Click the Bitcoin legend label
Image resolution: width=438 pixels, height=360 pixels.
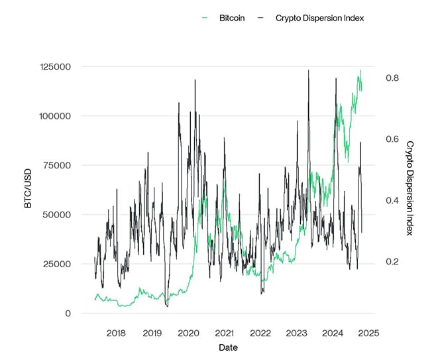click(231, 18)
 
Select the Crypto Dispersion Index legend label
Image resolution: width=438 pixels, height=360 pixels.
click(319, 18)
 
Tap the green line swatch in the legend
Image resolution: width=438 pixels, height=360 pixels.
click(207, 18)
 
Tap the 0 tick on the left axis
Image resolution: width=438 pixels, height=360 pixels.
click(68, 313)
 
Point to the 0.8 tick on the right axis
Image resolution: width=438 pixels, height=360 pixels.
click(392, 78)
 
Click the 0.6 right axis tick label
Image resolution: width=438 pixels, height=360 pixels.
click(392, 139)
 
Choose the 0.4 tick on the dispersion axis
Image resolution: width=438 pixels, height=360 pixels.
click(392, 200)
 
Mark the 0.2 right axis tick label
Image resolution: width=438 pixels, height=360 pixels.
click(392, 262)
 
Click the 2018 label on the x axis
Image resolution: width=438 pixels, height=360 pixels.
click(116, 333)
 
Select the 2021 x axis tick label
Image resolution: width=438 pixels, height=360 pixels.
click(224, 333)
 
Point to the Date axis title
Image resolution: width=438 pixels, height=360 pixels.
click(227, 347)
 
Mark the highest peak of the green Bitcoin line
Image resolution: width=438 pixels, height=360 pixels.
click(360, 70)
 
